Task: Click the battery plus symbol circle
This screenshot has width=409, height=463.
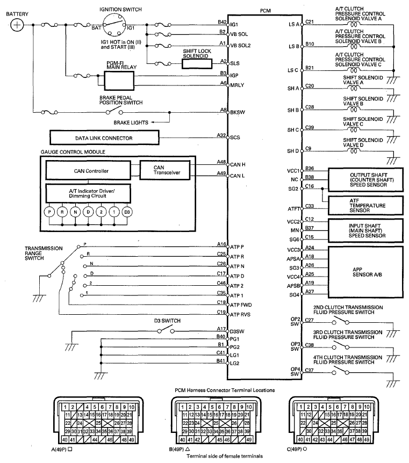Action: click(x=17, y=25)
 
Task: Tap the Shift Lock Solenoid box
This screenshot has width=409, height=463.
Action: click(x=198, y=63)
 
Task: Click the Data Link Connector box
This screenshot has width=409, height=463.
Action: click(x=104, y=138)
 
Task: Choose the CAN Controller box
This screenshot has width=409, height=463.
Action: click(x=88, y=171)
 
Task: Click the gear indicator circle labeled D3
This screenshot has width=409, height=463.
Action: click(x=127, y=211)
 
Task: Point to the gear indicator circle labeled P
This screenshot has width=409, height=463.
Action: click(x=49, y=211)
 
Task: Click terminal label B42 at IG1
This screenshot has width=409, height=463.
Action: click(x=221, y=22)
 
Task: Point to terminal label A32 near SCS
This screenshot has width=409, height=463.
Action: click(x=221, y=135)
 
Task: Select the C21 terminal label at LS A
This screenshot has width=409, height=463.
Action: click(x=309, y=22)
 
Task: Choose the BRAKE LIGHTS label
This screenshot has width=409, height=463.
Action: click(x=132, y=123)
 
